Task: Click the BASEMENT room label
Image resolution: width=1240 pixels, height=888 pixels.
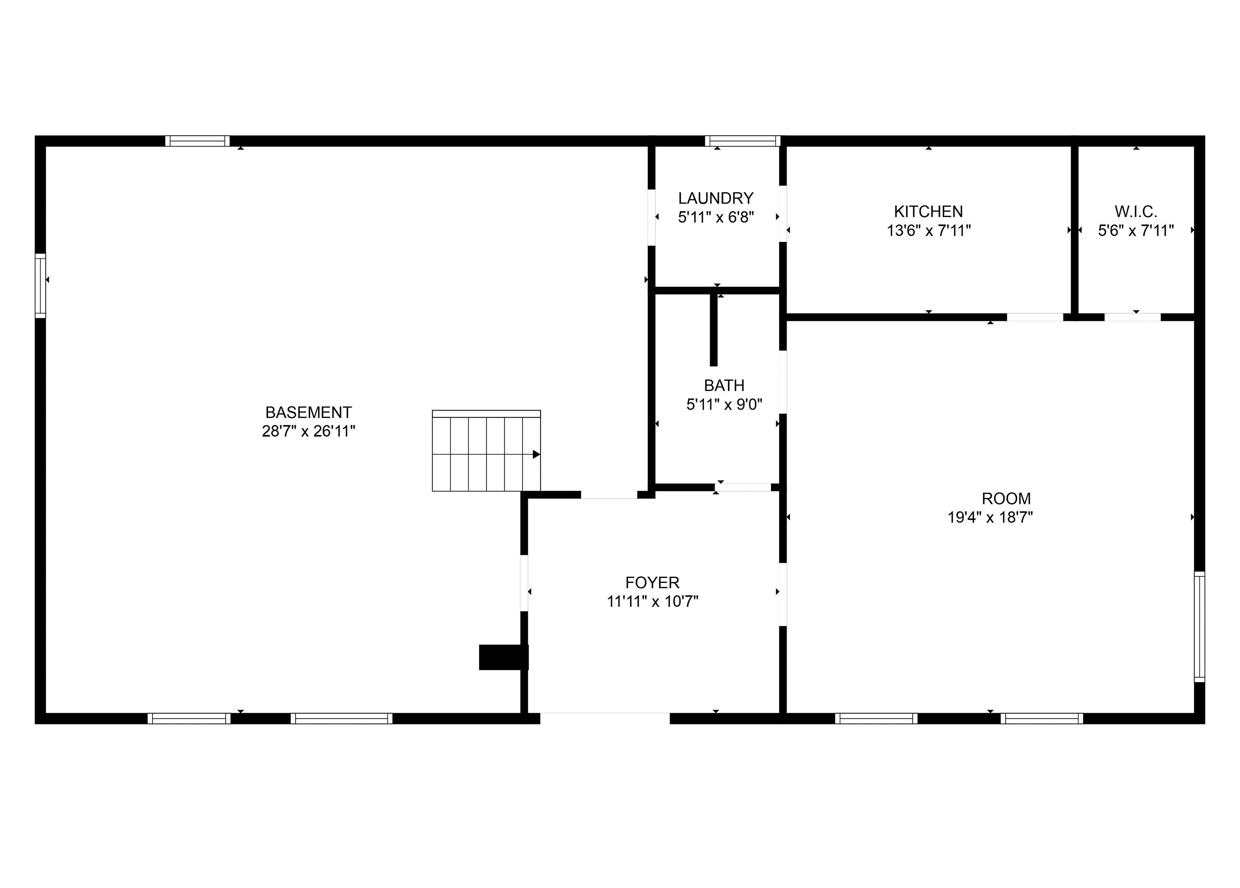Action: tap(308, 412)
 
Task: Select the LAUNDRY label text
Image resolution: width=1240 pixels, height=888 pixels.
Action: tap(715, 198)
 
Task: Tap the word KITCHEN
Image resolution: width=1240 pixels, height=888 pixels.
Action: tap(928, 211)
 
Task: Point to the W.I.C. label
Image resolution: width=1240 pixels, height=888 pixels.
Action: tap(1135, 211)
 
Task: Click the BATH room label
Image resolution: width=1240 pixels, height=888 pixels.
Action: tap(724, 385)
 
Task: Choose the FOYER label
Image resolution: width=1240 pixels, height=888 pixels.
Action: tap(652, 582)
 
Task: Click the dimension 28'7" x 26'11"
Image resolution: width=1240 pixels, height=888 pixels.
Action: tap(308, 432)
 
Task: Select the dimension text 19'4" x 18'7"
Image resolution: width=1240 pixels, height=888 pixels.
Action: tap(990, 517)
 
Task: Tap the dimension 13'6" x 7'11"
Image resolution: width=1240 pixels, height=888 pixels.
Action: tap(928, 230)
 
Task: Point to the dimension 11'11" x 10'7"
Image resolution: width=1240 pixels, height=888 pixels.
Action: tap(652, 602)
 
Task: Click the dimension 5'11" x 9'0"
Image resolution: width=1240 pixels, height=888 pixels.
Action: tap(724, 405)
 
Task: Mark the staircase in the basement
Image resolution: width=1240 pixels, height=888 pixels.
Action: tap(486, 451)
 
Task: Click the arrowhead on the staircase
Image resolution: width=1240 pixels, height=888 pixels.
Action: tap(537, 454)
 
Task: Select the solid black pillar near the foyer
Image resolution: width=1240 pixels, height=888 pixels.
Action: tap(503, 657)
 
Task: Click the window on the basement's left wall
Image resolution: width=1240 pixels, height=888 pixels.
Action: tap(41, 285)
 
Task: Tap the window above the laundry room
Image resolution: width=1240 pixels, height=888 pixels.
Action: tap(742, 141)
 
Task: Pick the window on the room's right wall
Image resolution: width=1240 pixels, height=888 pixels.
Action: tap(1199, 627)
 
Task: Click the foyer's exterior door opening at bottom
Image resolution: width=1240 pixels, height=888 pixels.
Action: tap(605, 719)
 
